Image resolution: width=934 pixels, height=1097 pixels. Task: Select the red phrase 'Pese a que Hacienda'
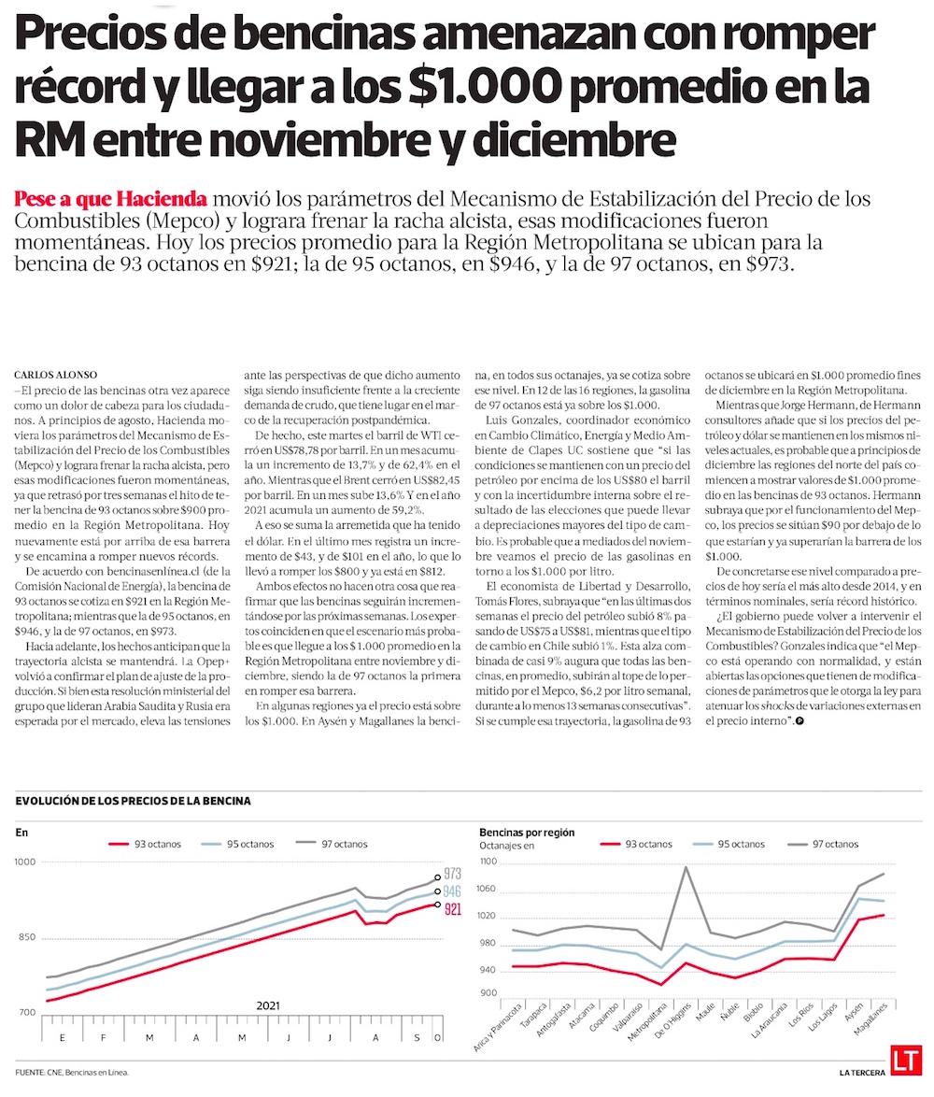[111, 199]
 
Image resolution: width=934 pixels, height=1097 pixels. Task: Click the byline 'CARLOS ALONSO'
[57, 375]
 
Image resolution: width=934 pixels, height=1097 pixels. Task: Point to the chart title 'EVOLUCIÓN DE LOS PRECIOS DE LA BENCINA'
[134, 801]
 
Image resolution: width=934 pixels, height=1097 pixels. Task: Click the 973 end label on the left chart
[453, 875]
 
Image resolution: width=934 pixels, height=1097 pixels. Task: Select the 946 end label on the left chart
[453, 892]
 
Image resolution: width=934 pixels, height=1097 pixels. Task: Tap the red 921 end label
[453, 908]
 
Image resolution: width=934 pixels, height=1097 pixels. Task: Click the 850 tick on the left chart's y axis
[27, 938]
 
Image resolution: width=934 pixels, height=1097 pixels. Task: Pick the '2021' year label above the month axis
[268, 1005]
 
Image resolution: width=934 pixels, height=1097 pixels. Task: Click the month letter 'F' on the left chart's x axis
[103, 1038]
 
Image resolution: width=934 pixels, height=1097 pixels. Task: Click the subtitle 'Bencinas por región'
[527, 832]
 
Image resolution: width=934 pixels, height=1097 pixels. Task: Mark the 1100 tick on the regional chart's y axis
[490, 863]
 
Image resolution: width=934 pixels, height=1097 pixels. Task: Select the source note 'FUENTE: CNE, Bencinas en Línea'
[73, 1072]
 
